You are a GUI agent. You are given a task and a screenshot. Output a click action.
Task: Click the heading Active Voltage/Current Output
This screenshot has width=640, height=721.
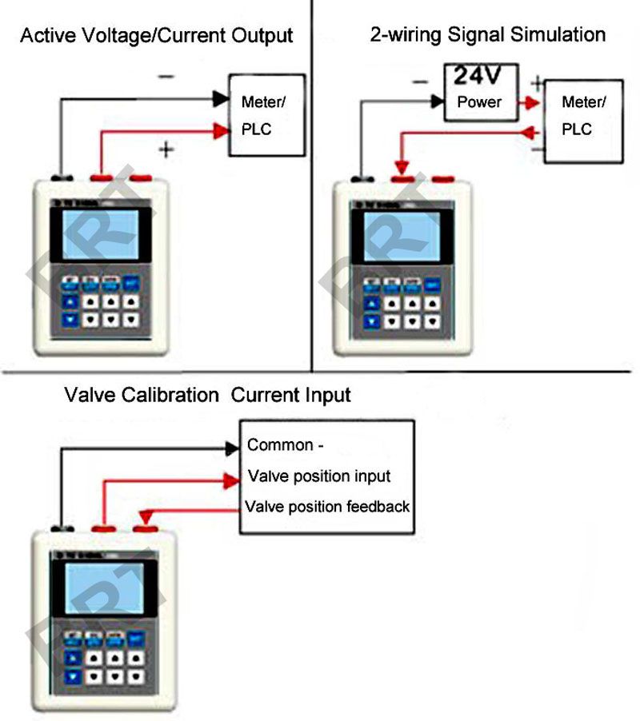pyautogui.click(x=156, y=36)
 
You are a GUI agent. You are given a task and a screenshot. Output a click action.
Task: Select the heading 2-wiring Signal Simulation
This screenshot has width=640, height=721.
pyautogui.click(x=487, y=34)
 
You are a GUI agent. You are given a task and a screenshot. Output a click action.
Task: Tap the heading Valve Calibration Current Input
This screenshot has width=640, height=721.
pyautogui.click(x=207, y=395)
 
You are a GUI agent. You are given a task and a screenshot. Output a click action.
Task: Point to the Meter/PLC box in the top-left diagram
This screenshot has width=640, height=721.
pyautogui.click(x=266, y=114)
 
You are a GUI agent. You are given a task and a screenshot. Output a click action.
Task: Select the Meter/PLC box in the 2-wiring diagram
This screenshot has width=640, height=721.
pyautogui.click(x=583, y=120)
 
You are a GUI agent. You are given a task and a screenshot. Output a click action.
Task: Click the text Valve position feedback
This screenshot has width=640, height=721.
pyautogui.click(x=327, y=507)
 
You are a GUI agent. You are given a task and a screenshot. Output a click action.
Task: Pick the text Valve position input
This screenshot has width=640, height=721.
pyautogui.click(x=319, y=476)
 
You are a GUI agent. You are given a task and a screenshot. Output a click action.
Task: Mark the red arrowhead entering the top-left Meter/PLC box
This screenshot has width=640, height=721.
pyautogui.click(x=220, y=129)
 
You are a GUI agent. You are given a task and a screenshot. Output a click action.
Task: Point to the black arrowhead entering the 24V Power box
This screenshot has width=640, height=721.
pyautogui.click(x=438, y=101)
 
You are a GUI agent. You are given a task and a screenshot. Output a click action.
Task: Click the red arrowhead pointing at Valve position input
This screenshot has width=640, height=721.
pyautogui.click(x=233, y=479)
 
